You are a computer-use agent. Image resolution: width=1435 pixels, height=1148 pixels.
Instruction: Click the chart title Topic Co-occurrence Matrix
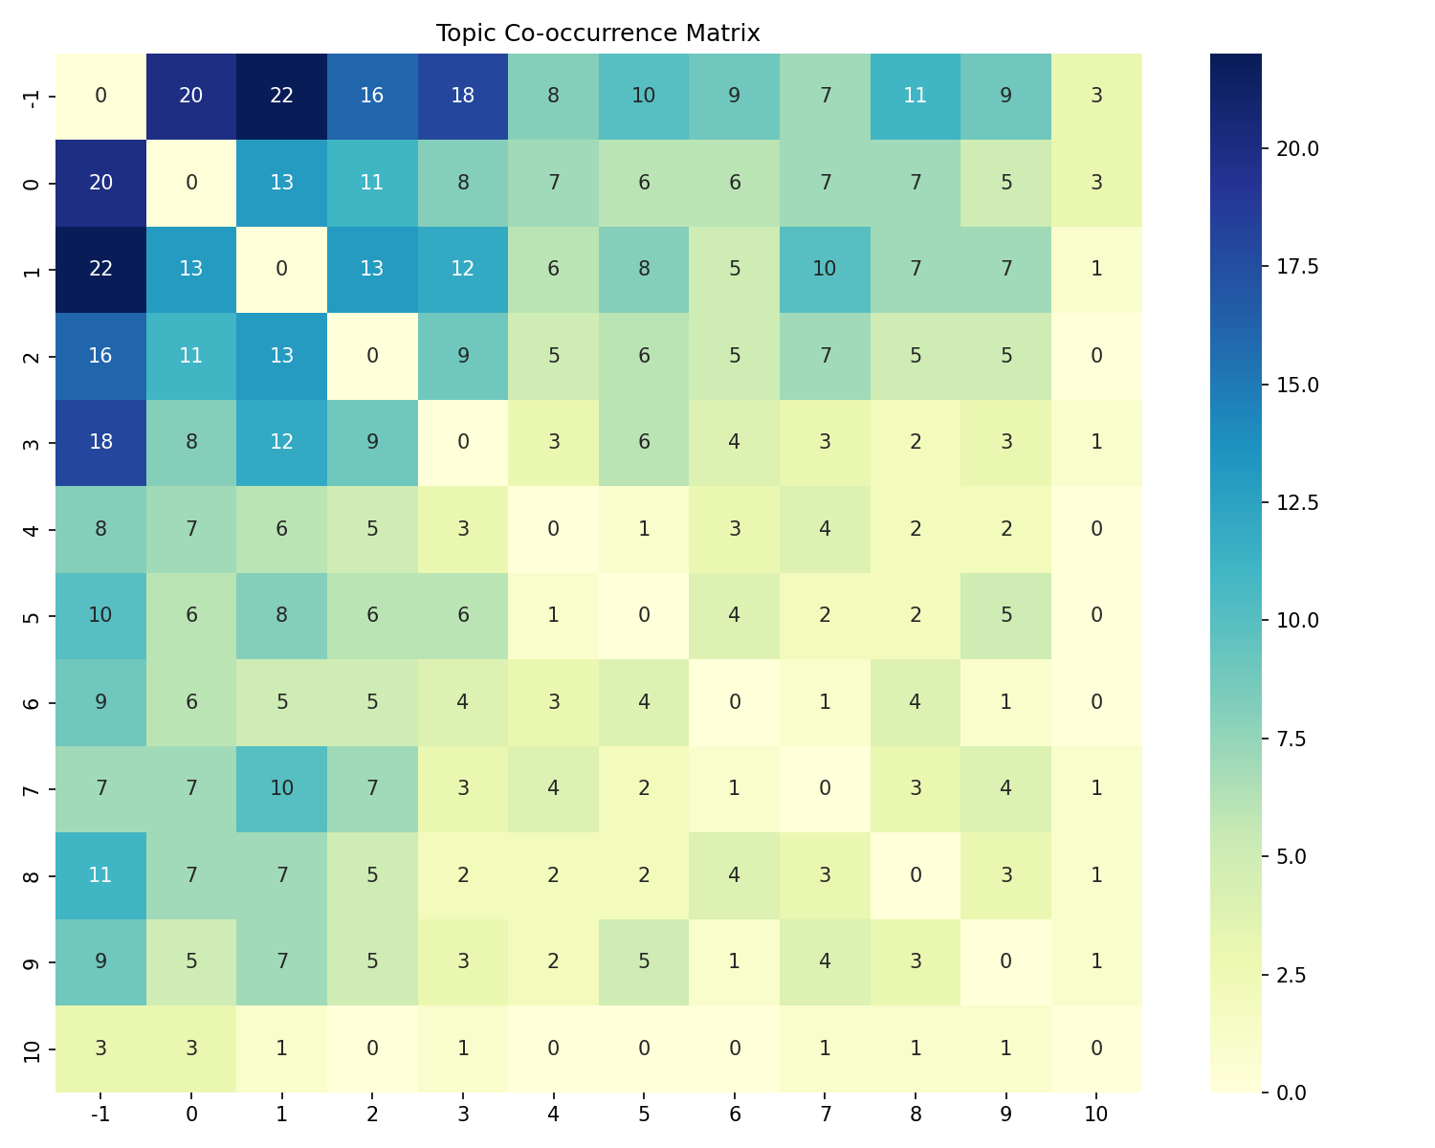(598, 34)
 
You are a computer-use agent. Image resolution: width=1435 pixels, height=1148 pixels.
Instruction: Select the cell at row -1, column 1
(281, 97)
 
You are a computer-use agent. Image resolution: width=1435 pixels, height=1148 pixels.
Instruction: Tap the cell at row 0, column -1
(100, 183)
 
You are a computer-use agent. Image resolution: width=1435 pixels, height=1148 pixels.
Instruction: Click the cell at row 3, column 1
(281, 442)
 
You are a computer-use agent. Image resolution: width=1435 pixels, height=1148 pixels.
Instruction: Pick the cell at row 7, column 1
(281, 788)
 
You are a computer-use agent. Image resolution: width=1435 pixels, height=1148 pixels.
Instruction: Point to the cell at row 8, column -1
(100, 874)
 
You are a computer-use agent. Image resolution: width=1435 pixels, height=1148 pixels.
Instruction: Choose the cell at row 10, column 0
(191, 1048)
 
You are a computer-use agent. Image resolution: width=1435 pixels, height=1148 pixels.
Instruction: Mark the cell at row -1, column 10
(1096, 97)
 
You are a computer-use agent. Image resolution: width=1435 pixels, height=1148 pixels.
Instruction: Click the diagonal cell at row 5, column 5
(644, 615)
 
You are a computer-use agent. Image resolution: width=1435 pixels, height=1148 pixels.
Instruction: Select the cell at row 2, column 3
(463, 356)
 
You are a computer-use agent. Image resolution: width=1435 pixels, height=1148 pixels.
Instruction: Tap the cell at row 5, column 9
(1005, 615)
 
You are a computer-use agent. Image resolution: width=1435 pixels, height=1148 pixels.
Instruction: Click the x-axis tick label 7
(825, 1114)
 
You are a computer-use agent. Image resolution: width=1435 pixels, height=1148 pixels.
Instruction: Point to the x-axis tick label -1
(100, 1114)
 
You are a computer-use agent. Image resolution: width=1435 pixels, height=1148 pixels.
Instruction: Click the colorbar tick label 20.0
(1297, 148)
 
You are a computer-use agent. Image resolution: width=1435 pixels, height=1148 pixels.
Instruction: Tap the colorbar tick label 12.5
(1297, 502)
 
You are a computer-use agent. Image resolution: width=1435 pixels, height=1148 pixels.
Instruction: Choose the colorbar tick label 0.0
(1291, 1092)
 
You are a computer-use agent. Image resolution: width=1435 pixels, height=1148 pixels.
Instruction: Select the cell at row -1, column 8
(916, 97)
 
